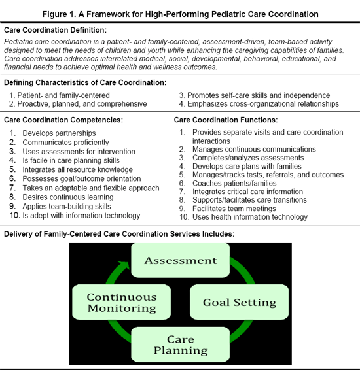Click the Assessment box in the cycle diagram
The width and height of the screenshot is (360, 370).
[x=181, y=260]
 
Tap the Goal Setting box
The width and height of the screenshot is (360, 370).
[x=240, y=302]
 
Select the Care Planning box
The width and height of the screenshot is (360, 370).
[x=181, y=345]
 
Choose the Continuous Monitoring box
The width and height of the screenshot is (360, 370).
[x=121, y=302]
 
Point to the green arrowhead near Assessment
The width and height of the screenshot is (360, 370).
[x=124, y=265]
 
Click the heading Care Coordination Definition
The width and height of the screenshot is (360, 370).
[x=55, y=30]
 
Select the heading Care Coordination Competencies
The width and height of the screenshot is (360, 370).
[x=63, y=120]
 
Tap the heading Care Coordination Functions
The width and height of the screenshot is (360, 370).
[x=226, y=120]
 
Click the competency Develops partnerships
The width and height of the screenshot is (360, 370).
[x=59, y=133]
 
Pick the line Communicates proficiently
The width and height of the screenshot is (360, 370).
[x=65, y=143]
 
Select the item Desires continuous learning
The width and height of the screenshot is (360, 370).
[x=68, y=197]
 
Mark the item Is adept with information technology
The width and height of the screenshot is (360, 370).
[x=81, y=216]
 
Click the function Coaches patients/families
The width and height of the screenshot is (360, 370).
[x=234, y=183]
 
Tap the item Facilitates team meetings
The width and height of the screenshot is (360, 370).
[x=234, y=209]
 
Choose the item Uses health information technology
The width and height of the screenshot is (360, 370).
[x=250, y=217]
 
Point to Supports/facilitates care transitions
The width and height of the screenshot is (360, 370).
[x=249, y=200]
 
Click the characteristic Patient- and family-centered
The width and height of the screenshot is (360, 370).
[x=63, y=95]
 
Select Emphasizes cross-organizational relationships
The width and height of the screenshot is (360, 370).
[x=263, y=104]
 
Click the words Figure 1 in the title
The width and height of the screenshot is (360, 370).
[x=60, y=14]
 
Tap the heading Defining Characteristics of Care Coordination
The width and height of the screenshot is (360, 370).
[x=85, y=82]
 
